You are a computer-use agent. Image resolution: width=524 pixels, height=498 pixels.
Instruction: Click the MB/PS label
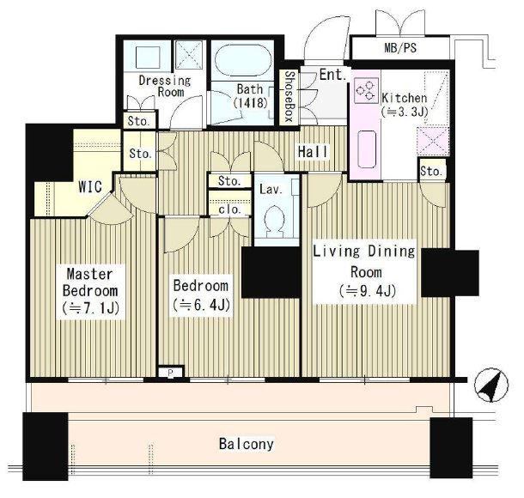tap(400, 48)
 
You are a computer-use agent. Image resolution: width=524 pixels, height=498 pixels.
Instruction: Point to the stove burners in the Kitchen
tap(366, 90)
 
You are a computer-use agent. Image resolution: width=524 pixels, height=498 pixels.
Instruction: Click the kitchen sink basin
tap(368, 149)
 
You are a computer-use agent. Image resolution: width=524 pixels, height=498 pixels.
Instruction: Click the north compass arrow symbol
tap(490, 385)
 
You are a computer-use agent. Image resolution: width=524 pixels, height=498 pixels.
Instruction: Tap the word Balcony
tap(247, 444)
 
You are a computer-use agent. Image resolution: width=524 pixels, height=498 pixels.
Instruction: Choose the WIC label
tap(90, 187)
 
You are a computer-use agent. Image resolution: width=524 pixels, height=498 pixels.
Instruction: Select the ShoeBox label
tap(289, 96)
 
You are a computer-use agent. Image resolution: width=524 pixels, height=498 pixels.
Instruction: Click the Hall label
tap(314, 152)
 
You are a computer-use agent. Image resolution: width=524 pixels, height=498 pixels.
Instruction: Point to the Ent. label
tap(332, 76)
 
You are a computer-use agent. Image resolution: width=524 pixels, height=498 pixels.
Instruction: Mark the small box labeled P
tap(170, 372)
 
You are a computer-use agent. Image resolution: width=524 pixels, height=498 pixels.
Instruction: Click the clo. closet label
tap(229, 210)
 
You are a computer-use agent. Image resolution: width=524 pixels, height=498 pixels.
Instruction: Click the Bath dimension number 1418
tap(251, 103)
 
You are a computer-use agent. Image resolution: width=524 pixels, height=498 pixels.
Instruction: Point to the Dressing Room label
tap(165, 86)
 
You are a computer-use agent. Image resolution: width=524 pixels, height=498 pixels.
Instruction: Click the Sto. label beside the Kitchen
tap(432, 172)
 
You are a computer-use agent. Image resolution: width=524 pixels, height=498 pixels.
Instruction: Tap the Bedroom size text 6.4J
tap(201, 304)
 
